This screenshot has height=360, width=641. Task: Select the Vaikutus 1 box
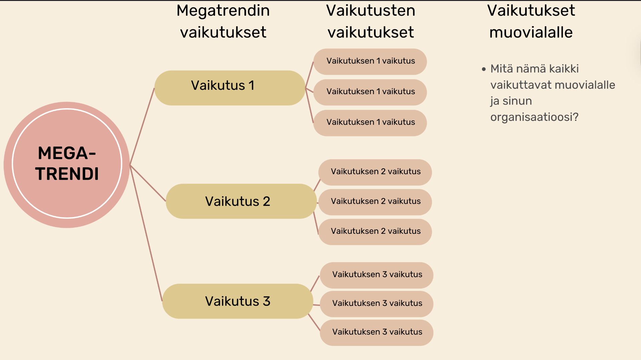coord(230,88)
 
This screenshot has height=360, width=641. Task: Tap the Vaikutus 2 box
coord(241,201)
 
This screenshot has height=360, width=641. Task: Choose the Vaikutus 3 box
coord(238,301)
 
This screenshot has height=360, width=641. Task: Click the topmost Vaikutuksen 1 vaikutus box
coord(370,61)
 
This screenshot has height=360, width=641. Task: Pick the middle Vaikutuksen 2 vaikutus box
coord(375,202)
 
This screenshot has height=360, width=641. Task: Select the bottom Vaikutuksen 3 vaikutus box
coord(377,332)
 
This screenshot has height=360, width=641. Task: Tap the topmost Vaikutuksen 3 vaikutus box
coord(377,275)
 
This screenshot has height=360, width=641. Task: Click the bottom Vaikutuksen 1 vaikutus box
coord(370,123)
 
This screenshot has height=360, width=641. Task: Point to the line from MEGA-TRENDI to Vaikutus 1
coord(142,126)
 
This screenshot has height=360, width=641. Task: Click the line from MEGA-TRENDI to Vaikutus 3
coord(146,233)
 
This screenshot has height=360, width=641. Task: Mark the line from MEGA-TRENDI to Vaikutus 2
coord(148,183)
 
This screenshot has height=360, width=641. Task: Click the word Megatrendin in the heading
coord(223,11)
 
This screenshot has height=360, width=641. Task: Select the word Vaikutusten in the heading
coord(371,11)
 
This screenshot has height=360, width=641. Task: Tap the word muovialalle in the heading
coord(531,32)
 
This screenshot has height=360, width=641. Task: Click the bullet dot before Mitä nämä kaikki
coord(484,69)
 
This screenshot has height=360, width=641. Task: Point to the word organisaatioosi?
coord(534,117)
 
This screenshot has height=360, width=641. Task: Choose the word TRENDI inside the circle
coord(67,174)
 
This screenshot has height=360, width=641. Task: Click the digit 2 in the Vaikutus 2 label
coord(266,201)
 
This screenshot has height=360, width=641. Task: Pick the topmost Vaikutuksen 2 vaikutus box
coord(375,172)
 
